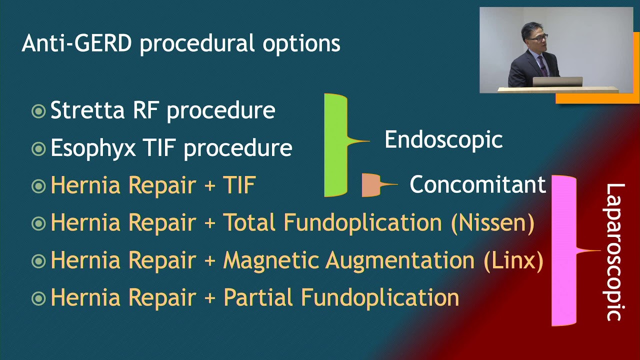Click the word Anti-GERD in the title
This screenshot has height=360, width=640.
(76, 43)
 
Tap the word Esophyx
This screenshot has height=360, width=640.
(92, 148)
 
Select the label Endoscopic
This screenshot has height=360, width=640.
(443, 139)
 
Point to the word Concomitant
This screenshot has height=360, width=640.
(477, 184)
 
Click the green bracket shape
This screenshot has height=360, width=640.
(335, 145)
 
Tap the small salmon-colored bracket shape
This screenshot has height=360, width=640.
(371, 184)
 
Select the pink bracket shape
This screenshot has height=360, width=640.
(564, 250)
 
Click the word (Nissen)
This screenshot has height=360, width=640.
(492, 222)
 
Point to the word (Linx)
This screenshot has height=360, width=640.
(513, 260)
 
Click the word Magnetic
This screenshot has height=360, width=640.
(270, 260)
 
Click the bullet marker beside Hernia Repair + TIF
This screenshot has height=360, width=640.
(38, 186)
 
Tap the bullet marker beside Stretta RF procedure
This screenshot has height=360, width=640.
(38, 111)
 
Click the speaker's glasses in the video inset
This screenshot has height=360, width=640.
(538, 37)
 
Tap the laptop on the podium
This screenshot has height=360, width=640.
(557, 81)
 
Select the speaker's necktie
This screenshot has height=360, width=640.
(541, 65)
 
